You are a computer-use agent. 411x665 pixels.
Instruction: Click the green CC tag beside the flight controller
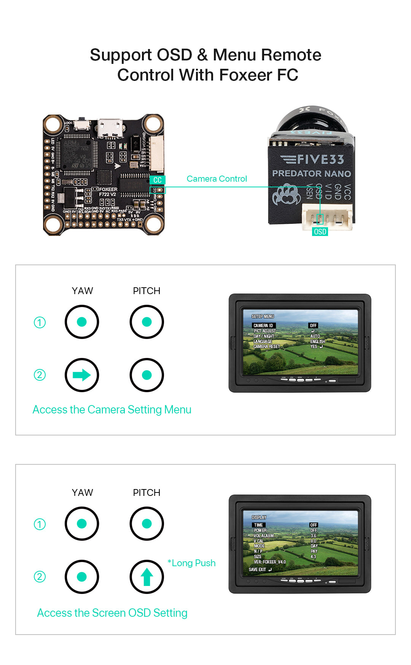point(157,180)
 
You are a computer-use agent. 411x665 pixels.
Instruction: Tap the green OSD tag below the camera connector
point(320,232)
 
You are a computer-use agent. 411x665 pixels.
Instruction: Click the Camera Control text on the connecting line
point(217,179)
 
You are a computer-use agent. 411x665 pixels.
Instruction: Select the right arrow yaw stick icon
point(82,375)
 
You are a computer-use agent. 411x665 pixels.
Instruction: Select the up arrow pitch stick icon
point(147,577)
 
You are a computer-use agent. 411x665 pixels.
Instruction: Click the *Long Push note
point(191,563)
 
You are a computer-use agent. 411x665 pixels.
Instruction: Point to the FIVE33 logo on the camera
point(312,159)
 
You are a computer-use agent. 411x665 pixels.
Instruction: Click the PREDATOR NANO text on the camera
point(311,174)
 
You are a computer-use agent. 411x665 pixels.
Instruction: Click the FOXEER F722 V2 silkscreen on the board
point(108,192)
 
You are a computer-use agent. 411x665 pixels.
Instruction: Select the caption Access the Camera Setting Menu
point(112,410)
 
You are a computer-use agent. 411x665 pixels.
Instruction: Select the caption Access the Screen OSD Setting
point(112,613)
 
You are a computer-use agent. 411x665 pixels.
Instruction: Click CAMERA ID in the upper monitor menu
point(263,326)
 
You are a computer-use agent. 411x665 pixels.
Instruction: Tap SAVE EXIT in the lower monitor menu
point(258,570)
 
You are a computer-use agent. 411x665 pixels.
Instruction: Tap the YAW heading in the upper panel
point(82,291)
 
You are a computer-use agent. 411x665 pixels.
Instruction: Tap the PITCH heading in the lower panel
point(147,492)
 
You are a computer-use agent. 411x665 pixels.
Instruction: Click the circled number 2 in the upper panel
point(40,375)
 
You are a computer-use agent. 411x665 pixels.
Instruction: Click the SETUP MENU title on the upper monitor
point(263,316)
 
